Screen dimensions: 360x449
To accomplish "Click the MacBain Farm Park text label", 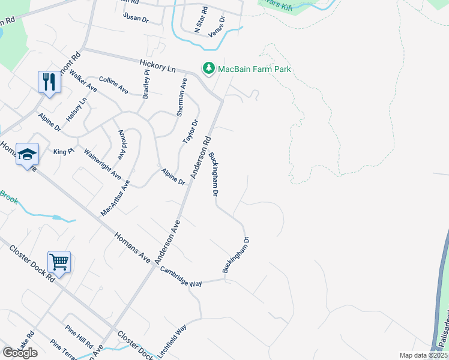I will tap(255, 69).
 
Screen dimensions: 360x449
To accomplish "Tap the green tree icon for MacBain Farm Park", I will tap(208, 69).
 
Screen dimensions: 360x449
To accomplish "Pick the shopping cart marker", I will tap(59, 262).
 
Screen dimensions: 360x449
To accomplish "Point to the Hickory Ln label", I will tap(157, 65).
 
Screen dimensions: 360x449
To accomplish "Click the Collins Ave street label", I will tap(113, 85).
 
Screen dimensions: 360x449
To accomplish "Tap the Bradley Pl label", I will tap(146, 83).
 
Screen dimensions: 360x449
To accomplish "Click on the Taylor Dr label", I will tap(190, 132).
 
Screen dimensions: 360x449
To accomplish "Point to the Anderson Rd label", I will tap(201, 156).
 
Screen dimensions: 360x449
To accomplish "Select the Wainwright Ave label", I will tap(103, 164).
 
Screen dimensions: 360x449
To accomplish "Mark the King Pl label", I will tap(63, 152).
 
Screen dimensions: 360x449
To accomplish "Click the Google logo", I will tap(20, 352).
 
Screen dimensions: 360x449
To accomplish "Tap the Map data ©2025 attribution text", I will tap(423, 355).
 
